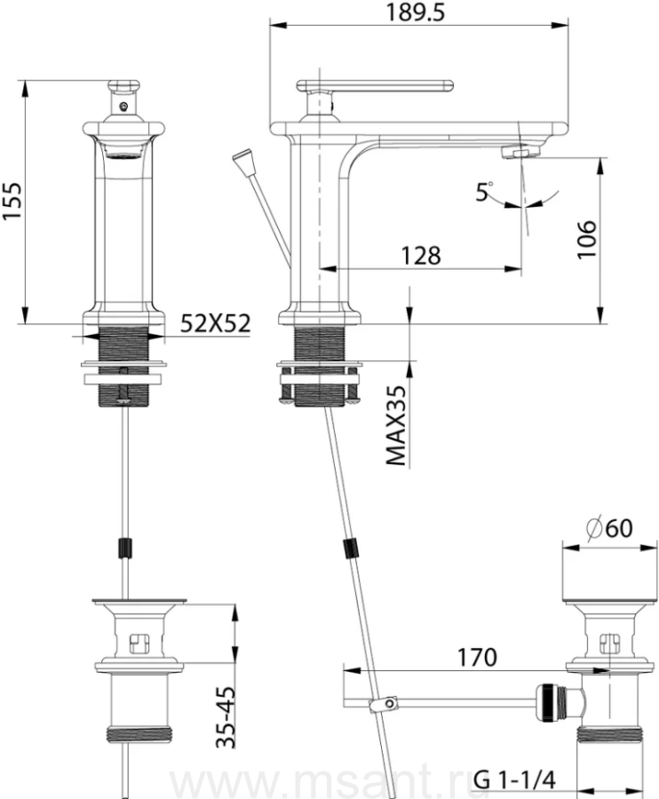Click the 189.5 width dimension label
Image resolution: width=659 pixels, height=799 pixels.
pyautogui.click(x=416, y=12)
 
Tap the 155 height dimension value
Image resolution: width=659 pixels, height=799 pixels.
pyautogui.click(x=12, y=201)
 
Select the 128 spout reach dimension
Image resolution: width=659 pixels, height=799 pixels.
pyautogui.click(x=421, y=256)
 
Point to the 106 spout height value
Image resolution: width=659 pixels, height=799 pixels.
pyautogui.click(x=586, y=240)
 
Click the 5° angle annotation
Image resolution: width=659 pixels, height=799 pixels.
pyautogui.click(x=484, y=192)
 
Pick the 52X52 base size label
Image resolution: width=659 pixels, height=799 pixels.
pyautogui.click(x=216, y=323)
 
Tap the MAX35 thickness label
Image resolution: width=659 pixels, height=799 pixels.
pyautogui.click(x=396, y=425)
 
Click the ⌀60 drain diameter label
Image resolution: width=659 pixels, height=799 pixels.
pyautogui.click(x=609, y=528)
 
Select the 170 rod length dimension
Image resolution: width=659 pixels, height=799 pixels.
pyautogui.click(x=477, y=657)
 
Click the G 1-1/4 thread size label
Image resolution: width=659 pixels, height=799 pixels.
pyautogui.click(x=514, y=779)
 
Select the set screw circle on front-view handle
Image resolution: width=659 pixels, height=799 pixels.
pyautogui.click(x=123, y=107)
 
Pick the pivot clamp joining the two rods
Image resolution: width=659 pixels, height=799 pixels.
pyautogui.click(x=384, y=704)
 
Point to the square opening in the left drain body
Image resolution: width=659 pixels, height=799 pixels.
pyautogui.click(x=138, y=644)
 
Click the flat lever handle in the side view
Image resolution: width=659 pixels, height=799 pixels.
pyautogui.click(x=375, y=86)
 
